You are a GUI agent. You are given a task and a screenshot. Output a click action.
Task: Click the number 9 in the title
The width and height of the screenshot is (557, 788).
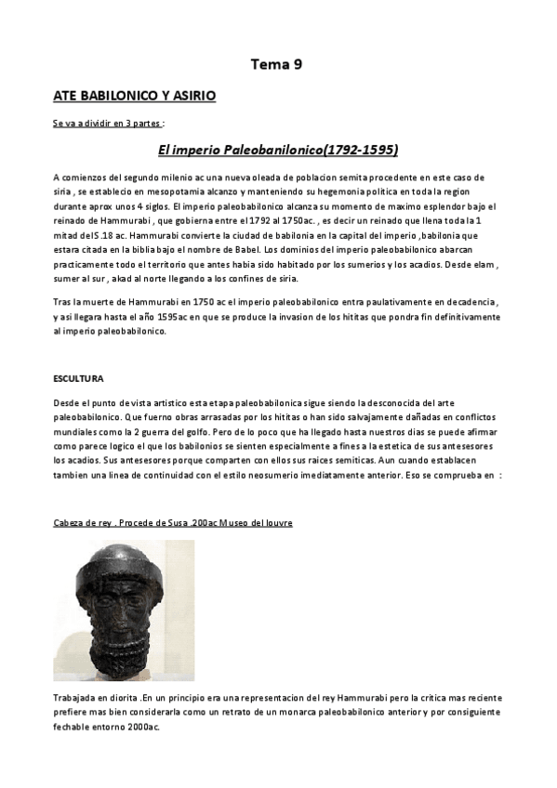point(297,64)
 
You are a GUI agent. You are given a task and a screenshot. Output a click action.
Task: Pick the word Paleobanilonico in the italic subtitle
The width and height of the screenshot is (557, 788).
point(259,149)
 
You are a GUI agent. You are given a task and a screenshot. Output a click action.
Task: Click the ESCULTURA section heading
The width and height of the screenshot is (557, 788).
point(79,378)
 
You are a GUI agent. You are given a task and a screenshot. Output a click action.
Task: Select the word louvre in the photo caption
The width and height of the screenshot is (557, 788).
point(276,523)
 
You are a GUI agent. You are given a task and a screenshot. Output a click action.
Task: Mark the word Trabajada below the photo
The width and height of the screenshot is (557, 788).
point(74,697)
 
